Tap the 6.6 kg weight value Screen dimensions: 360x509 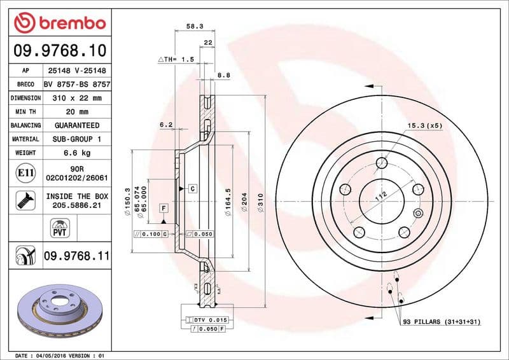pyautogui.click(x=77, y=153)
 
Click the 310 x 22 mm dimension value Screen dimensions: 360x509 pyautogui.click(x=77, y=99)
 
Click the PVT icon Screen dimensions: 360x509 pyautogui.click(x=59, y=227)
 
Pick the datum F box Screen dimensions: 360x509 pyautogui.click(x=164, y=208)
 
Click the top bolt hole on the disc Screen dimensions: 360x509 pyautogui.click(x=382, y=163)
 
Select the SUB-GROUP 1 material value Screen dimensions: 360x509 pyautogui.click(x=77, y=139)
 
